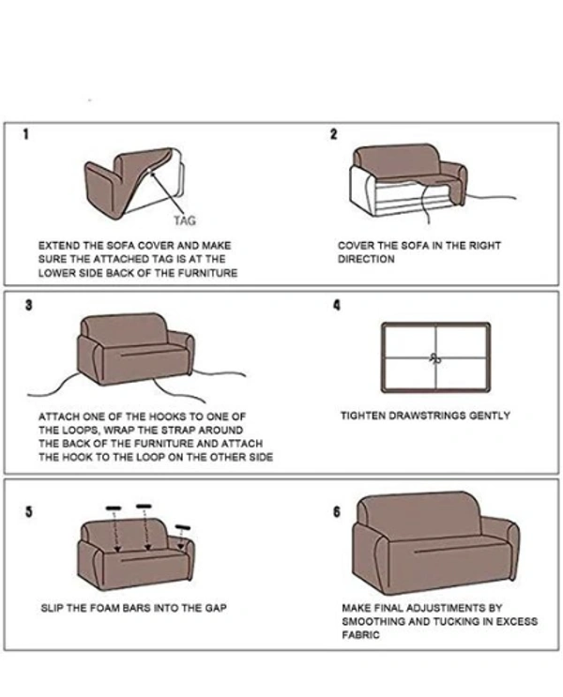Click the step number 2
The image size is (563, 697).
333,134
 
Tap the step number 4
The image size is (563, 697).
335,305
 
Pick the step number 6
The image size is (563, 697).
336,511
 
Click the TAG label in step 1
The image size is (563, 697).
184,221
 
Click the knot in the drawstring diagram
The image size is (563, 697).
434,357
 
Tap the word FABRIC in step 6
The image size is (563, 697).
360,635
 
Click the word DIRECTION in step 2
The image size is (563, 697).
366,259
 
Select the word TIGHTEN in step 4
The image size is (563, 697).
361,416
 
